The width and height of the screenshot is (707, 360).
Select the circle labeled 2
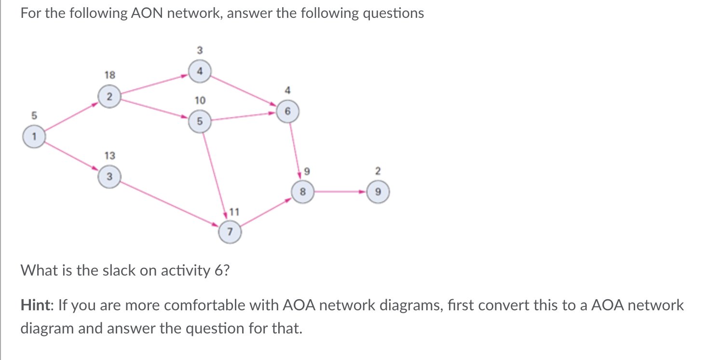point(109,96)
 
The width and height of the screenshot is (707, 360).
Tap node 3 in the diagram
point(109,177)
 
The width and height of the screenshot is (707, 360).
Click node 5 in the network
point(200,121)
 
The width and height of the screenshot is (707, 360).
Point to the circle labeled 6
point(287,111)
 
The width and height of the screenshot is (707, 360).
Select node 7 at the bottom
point(230,232)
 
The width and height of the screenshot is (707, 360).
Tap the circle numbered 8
point(303,192)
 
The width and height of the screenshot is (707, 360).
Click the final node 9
point(378,192)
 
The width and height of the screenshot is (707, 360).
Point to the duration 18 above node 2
point(109,75)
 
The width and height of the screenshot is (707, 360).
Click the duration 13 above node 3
point(109,155)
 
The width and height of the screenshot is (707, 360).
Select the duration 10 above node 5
point(200,100)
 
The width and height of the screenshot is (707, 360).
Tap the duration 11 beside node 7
point(234,211)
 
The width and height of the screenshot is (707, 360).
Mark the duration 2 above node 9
point(378,170)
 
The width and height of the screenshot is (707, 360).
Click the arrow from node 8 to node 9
point(340,192)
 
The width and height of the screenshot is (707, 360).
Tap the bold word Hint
point(38,305)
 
